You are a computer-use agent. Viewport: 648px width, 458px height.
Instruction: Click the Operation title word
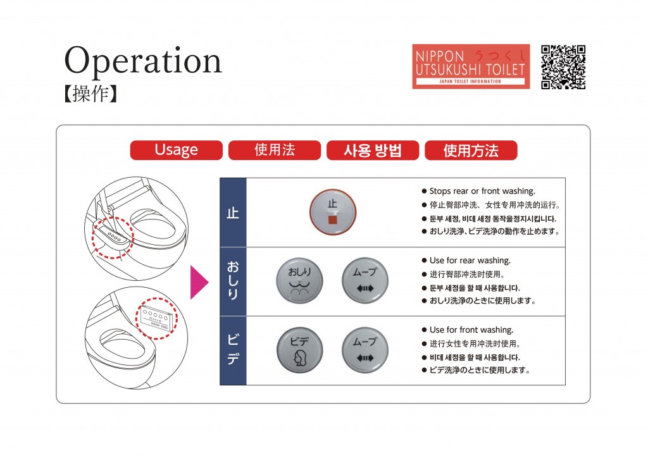143,61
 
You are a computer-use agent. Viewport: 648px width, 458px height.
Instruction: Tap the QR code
563,67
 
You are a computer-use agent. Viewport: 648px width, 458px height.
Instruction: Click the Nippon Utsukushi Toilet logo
471,66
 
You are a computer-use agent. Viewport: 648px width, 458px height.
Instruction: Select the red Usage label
176,150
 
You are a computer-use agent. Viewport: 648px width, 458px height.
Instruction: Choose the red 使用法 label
275,150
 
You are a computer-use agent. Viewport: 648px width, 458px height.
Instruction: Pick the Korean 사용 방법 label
373,150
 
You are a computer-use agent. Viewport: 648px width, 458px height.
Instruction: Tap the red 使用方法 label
471,150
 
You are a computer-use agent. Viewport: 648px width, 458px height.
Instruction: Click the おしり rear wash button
299,281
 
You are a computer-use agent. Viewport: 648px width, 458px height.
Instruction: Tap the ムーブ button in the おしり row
365,281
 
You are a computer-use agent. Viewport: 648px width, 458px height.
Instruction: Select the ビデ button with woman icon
299,350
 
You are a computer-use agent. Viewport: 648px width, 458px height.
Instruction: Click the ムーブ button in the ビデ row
365,350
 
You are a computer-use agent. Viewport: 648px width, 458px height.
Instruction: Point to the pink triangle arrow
199,283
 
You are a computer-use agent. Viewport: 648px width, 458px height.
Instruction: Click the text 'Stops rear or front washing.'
482,191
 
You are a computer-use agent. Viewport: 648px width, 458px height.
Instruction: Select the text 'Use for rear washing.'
470,260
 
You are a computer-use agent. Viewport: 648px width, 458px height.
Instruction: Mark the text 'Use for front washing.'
471,330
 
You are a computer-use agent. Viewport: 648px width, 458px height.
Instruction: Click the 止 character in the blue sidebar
233,213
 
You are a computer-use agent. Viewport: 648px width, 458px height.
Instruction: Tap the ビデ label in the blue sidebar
233,349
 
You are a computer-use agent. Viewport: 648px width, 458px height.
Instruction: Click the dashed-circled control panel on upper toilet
113,237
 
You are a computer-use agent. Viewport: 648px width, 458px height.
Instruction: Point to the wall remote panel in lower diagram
156,318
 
